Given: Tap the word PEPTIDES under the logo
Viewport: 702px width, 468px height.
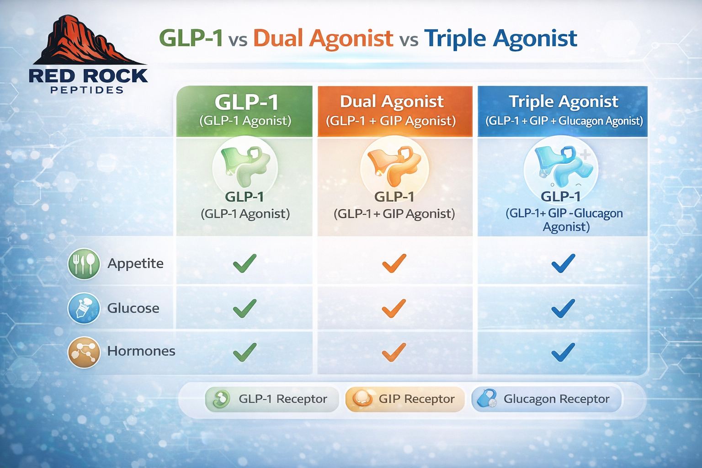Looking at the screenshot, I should (x=87, y=90).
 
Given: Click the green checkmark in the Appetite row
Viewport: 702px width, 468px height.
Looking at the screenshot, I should (x=245, y=263).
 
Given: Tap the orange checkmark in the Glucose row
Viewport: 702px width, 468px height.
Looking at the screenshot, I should (x=394, y=308).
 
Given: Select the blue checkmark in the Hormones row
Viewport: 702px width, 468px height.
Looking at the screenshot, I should (x=563, y=352).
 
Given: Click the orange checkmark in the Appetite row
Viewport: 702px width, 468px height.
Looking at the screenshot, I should (x=394, y=263).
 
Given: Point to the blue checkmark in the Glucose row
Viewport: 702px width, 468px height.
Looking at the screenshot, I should (x=563, y=308).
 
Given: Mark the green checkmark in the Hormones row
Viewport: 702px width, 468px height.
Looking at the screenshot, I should (x=245, y=352).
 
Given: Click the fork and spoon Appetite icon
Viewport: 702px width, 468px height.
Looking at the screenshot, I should (x=84, y=264).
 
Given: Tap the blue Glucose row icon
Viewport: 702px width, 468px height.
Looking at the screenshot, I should (x=84, y=308).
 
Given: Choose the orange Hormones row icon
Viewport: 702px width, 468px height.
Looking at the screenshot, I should (x=84, y=352).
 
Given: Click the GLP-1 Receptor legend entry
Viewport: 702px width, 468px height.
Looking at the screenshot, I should (x=272, y=399).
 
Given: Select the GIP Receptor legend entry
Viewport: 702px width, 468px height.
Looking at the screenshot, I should (x=405, y=399).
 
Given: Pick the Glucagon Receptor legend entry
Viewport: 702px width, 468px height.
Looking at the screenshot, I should (x=546, y=399).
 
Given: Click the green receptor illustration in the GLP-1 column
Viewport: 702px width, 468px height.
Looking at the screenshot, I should (x=245, y=165).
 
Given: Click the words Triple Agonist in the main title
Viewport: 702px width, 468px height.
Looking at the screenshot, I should (x=500, y=38).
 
